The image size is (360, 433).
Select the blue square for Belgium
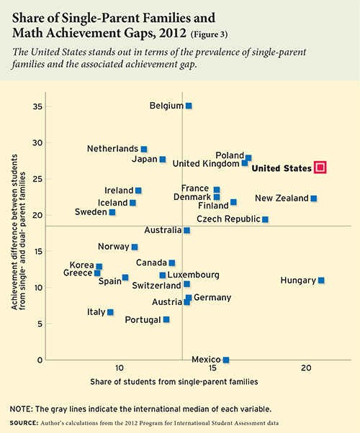pyautogui.click(x=189, y=106)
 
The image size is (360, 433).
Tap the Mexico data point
pyautogui.click(x=225, y=360)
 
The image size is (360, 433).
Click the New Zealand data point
pyautogui.click(x=313, y=199)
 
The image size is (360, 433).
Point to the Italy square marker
pyautogui.click(x=110, y=312)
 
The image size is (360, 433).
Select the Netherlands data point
pyautogui.click(x=144, y=149)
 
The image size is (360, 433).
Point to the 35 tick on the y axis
pyautogui.click(x=36, y=106)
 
